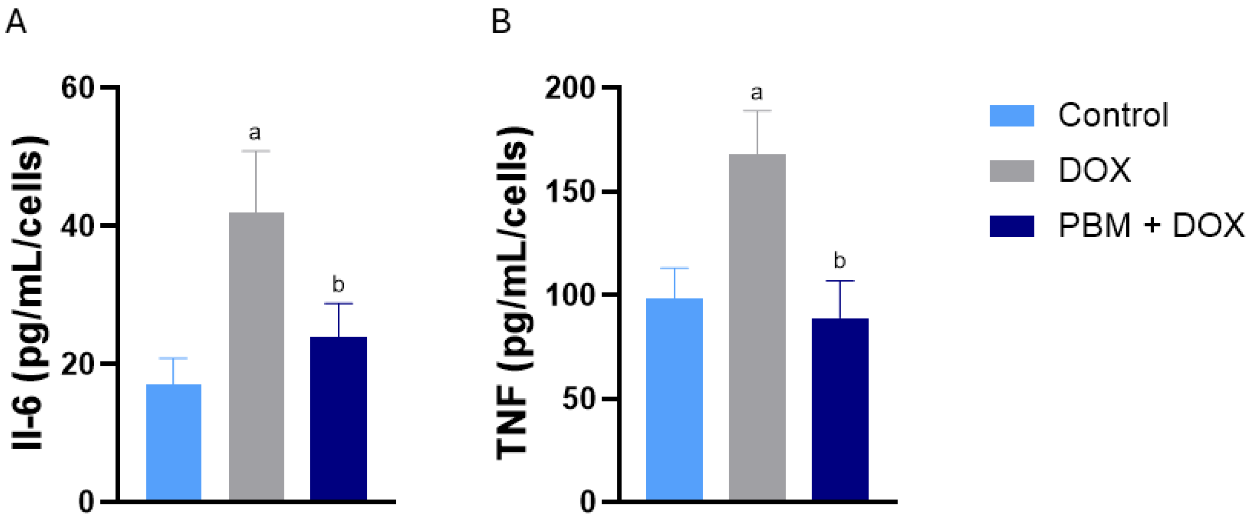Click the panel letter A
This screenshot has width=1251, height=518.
point(16,22)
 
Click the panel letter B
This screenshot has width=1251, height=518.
point(501,22)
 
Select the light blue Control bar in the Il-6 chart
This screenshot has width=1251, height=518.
point(173,442)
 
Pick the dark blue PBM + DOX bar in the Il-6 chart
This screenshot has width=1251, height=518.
point(339,418)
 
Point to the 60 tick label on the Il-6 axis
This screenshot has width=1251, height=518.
point(77,88)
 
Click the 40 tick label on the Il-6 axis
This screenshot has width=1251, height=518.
point(77,226)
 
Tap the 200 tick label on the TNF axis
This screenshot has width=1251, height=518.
point(570,88)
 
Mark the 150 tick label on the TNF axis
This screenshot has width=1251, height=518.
point(570,192)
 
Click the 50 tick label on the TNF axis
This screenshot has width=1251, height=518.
point(578,399)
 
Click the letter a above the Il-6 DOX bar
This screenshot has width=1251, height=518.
point(254,132)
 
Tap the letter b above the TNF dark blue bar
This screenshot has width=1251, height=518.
point(839,261)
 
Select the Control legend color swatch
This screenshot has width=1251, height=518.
point(1011,116)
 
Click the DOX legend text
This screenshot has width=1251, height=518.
point(1094,171)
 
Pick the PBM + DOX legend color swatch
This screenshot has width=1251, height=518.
point(1011,226)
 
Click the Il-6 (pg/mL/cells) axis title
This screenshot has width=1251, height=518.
point(30,294)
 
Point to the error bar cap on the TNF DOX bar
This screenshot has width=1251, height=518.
point(757,111)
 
